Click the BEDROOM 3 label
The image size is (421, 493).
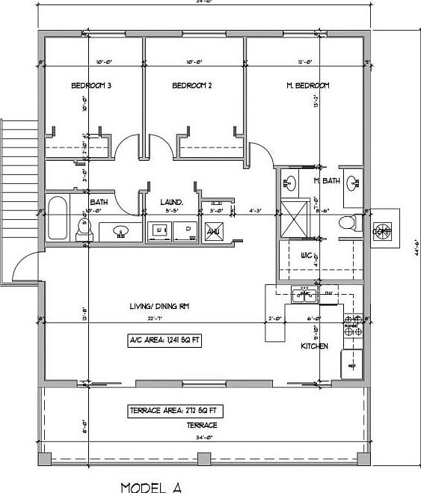pyautogui.click(x=91, y=86)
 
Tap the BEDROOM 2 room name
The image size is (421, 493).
pyautogui.click(x=192, y=86)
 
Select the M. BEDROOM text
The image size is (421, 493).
pyautogui.click(x=307, y=86)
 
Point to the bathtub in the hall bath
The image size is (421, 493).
pyautogui.click(x=58, y=219)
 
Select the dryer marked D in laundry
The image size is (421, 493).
pyautogui.click(x=186, y=231)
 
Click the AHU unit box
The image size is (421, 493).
pyautogui.click(x=212, y=233)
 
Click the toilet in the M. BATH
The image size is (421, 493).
pyautogui.click(x=346, y=222)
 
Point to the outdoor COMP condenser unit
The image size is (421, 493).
pyautogui.click(x=381, y=230)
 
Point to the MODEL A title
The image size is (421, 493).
pyautogui.click(x=151, y=487)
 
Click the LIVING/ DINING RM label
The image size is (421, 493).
pyautogui.click(x=156, y=305)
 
